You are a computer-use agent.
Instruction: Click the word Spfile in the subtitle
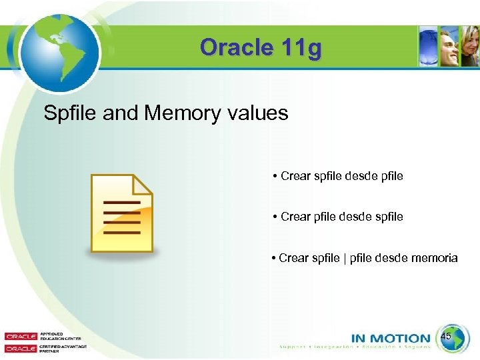click(x=71, y=113)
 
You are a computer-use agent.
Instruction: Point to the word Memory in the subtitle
click(x=173, y=113)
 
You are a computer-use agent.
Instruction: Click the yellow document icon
click(x=122, y=214)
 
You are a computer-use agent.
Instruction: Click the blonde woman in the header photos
click(x=471, y=48)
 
